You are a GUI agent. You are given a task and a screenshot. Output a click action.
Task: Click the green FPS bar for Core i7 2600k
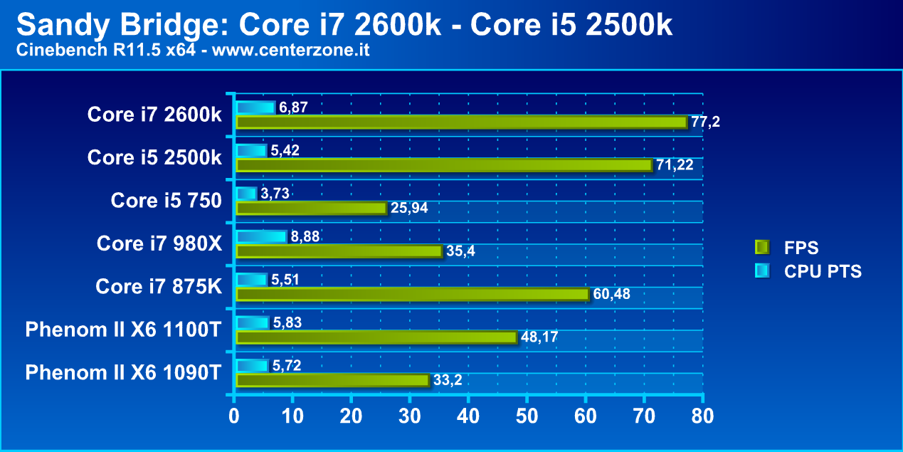(461, 122)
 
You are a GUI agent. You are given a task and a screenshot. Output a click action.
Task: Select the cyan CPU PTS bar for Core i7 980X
(261, 236)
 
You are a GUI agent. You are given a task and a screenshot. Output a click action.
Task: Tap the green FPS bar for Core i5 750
(312, 208)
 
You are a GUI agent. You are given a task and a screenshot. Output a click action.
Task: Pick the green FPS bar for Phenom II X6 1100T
(376, 337)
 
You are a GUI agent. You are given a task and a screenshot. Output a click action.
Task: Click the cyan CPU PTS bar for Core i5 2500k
(251, 151)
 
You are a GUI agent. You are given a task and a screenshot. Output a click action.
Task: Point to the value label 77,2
(705, 122)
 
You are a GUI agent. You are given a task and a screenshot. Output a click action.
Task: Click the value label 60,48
(611, 294)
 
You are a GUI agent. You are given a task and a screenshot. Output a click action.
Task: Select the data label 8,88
(305, 236)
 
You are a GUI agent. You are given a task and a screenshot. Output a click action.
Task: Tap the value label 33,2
(448, 380)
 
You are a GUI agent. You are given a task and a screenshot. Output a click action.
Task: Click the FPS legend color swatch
(761, 248)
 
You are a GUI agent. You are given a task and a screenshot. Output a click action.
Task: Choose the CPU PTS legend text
(823, 270)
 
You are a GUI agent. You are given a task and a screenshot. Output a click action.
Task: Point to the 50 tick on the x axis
(527, 414)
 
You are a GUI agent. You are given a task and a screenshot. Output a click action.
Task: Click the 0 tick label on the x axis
(234, 414)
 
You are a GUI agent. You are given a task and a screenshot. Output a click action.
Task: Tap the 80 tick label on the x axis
(702, 414)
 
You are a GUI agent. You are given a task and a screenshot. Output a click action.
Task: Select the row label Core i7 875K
(159, 286)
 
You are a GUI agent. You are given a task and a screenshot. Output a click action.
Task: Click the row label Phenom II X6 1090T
(123, 372)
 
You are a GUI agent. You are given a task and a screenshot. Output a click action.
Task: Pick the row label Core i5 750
(166, 201)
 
